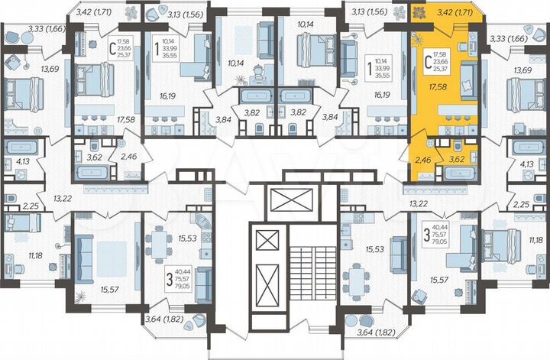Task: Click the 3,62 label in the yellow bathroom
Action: point(458,160)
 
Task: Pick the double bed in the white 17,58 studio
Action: point(96,76)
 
